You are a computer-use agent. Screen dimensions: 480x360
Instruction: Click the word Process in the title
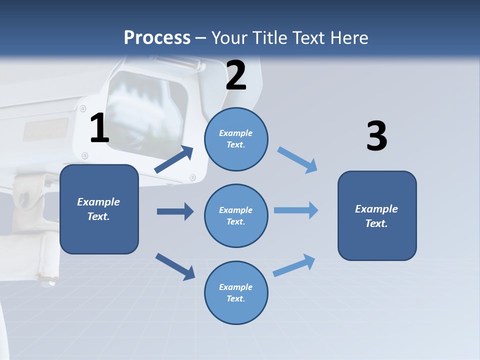[157, 37]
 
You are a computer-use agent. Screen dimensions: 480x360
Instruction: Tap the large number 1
[100, 127]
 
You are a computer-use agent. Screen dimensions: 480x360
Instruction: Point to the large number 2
[236, 75]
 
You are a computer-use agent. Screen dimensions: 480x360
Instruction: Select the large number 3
[377, 135]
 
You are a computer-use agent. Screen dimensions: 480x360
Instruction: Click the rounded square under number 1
[99, 209]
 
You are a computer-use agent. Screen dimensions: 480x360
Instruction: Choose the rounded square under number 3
[377, 216]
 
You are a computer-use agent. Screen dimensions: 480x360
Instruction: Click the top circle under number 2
[236, 139]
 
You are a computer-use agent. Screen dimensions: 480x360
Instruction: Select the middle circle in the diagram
[236, 216]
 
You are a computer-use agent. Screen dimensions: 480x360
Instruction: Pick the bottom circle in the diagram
[236, 292]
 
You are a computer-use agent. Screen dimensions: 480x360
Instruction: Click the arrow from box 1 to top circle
[174, 159]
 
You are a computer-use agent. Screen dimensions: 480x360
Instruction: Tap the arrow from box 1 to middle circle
[175, 211]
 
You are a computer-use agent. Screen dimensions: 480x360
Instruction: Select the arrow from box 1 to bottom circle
[175, 267]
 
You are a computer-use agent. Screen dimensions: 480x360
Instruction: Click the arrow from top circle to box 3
[297, 160]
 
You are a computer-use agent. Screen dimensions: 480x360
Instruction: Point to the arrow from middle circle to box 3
[296, 210]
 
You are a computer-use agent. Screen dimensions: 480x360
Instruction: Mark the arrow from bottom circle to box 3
[294, 265]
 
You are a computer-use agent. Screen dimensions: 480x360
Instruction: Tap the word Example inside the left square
[98, 202]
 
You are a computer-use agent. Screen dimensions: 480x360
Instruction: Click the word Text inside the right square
[376, 223]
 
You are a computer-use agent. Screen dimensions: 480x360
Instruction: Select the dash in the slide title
[200, 38]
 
